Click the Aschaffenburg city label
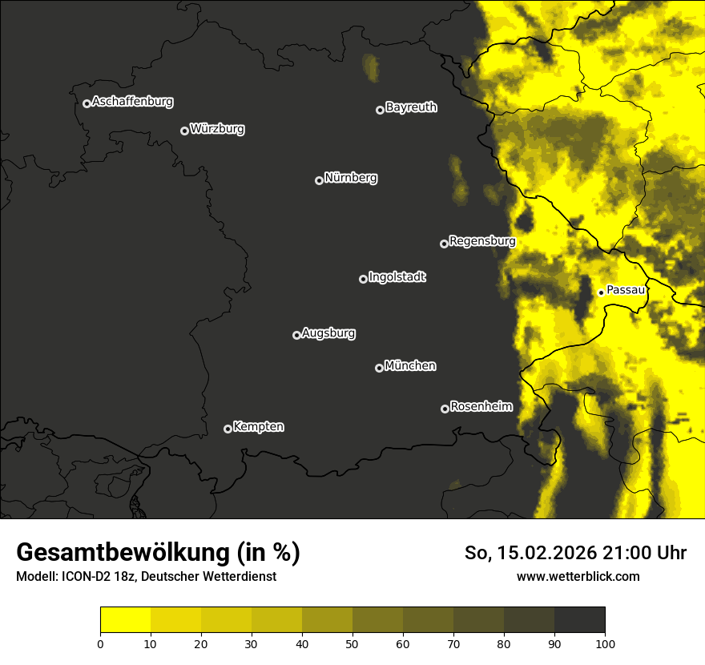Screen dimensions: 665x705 click(132, 102)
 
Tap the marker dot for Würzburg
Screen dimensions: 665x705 click(184, 131)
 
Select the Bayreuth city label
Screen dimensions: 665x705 click(411, 107)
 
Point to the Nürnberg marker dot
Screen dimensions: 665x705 click(319, 180)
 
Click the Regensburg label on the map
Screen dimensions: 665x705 click(482, 240)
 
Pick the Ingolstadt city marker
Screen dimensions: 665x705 click(363, 279)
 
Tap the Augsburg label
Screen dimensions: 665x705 click(328, 333)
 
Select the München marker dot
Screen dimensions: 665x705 click(379, 368)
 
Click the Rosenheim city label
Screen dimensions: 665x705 click(481, 406)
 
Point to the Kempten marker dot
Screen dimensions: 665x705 click(228, 429)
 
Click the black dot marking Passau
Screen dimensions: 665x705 click(601, 292)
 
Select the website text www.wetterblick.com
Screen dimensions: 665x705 click(578, 576)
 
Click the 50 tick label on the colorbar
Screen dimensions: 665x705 click(352, 643)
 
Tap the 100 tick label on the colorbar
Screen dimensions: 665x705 click(605, 643)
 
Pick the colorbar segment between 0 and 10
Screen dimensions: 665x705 click(125, 620)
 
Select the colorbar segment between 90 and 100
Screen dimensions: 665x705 click(579, 620)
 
